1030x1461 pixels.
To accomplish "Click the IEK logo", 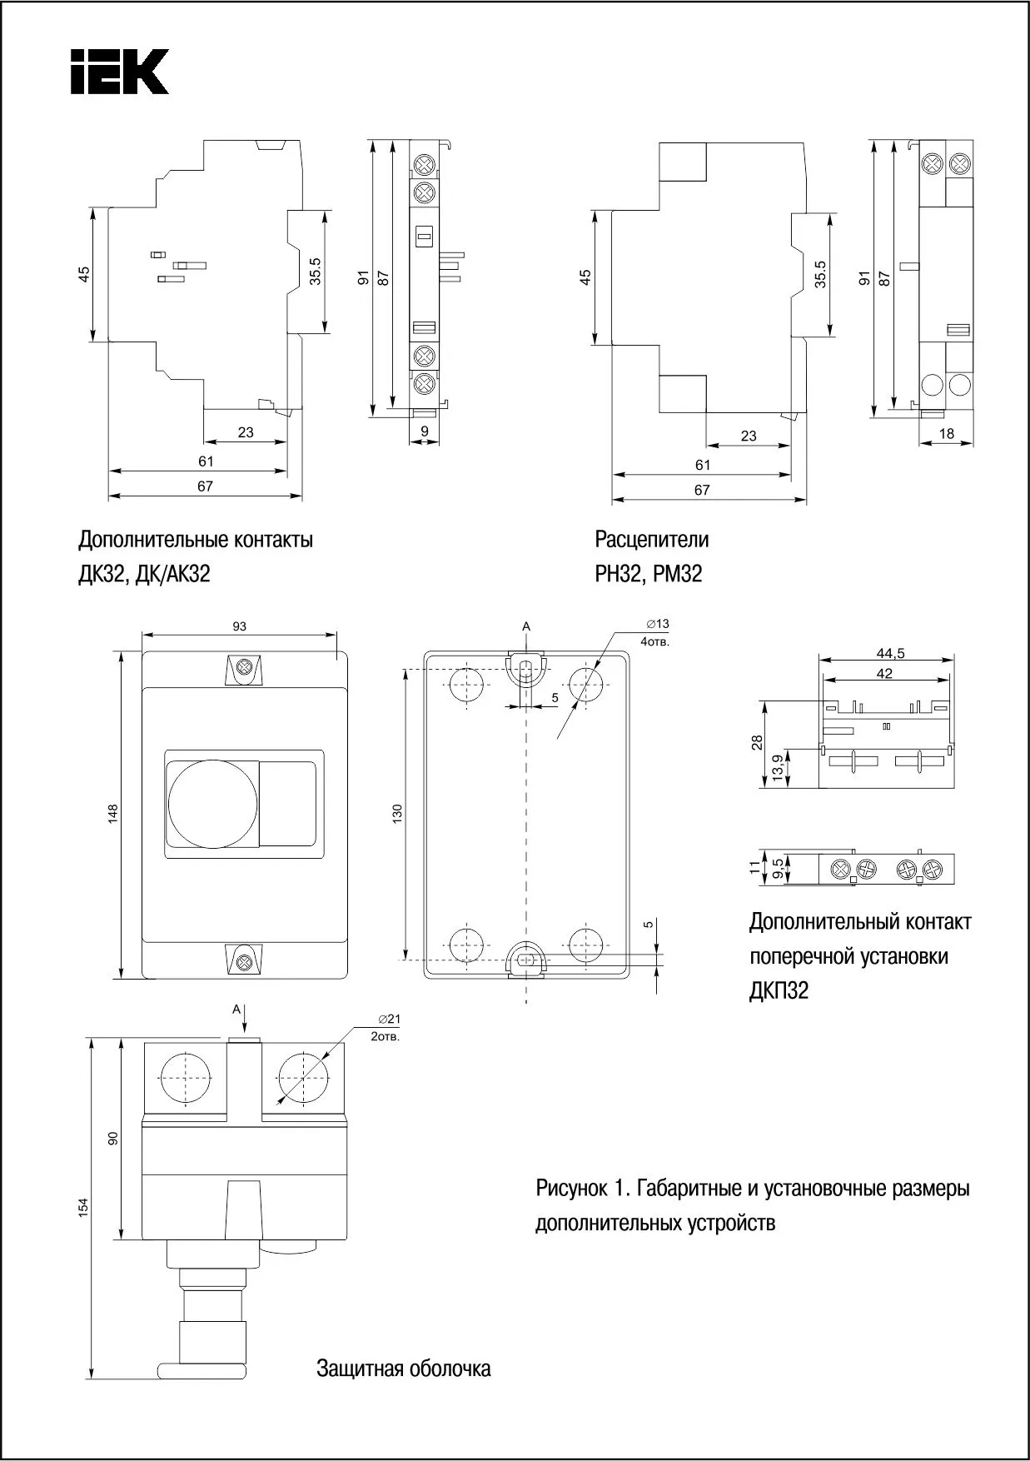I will click(x=120, y=71).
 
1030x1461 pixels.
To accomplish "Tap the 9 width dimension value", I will click(x=425, y=431).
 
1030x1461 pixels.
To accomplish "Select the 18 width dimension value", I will click(x=946, y=434).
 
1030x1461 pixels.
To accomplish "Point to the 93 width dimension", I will click(x=240, y=626).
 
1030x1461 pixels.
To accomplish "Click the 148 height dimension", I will click(x=113, y=814).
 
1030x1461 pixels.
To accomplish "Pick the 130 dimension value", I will click(x=397, y=814).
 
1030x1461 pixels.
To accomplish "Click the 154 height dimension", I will click(x=83, y=1209).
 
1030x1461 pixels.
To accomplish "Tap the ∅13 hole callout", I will click(x=657, y=624).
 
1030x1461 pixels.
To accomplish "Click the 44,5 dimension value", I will click(x=890, y=654).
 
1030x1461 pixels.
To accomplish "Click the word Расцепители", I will click(x=651, y=540).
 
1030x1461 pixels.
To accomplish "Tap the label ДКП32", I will click(x=779, y=991).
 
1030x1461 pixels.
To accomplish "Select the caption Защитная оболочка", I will click(x=403, y=1369).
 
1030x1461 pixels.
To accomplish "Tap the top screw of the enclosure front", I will click(x=245, y=668).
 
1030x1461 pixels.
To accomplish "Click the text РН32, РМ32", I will click(x=648, y=574).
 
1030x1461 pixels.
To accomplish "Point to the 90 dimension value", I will click(x=113, y=1138).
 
